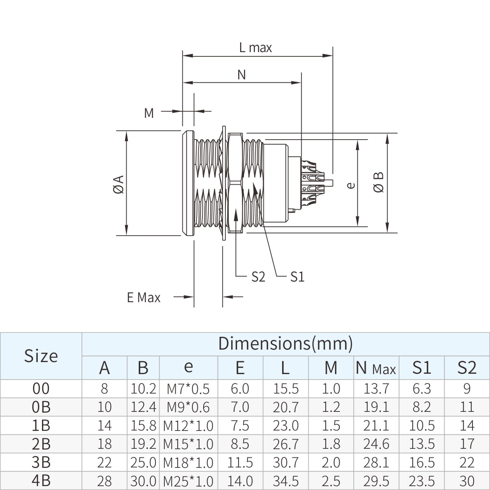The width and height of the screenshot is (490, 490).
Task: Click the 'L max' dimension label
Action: tap(255, 48)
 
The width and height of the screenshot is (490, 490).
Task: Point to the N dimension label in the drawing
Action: tap(242, 74)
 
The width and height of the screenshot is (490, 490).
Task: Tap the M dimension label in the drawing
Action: tap(149, 113)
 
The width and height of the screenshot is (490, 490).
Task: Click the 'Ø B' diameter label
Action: tap(378, 182)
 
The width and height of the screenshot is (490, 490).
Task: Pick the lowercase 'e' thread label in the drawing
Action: tap(351, 185)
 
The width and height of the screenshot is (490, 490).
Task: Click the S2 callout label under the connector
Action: tap(258, 277)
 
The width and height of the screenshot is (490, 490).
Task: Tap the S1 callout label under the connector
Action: tap(297, 277)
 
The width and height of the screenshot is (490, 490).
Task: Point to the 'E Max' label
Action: tap(143, 298)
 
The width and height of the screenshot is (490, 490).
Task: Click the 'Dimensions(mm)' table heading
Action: tap(285, 343)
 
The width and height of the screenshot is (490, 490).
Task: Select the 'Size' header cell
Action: tap(41, 355)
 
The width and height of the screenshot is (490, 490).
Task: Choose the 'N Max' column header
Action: tap(376, 368)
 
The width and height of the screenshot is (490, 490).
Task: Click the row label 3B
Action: tap(41, 462)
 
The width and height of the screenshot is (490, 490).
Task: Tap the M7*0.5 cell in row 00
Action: tap(188, 388)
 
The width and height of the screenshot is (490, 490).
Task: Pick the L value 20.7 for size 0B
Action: tap(285, 407)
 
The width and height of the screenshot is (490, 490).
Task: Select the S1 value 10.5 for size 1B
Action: tap(422, 425)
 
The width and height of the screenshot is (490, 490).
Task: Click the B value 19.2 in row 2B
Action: tap(143, 444)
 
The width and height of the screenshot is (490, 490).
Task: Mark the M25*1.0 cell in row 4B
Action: tap(188, 481)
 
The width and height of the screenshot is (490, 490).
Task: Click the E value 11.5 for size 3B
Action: tap(240, 462)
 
